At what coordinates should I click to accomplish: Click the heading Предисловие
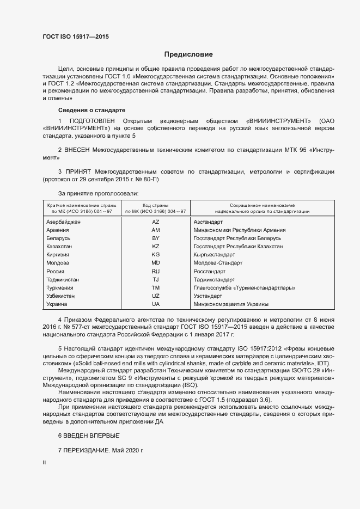point(188,54)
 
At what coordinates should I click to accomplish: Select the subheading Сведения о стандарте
point(84,109)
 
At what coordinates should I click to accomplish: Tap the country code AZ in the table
point(156,222)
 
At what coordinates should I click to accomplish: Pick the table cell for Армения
point(58,230)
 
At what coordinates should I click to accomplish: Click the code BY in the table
point(156,238)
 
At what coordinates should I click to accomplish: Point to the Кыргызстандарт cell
point(215,255)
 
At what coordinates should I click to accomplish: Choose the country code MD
point(156,263)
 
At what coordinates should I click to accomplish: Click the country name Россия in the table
point(56,271)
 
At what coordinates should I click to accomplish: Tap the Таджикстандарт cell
point(215,279)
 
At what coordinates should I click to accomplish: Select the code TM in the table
point(156,287)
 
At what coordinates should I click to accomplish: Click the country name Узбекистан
point(60,296)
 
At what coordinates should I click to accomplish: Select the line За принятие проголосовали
point(99,193)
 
